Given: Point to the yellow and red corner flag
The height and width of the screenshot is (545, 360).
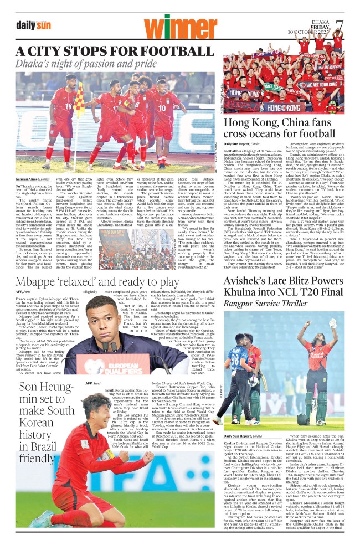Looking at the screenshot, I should tap(80, 101).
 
